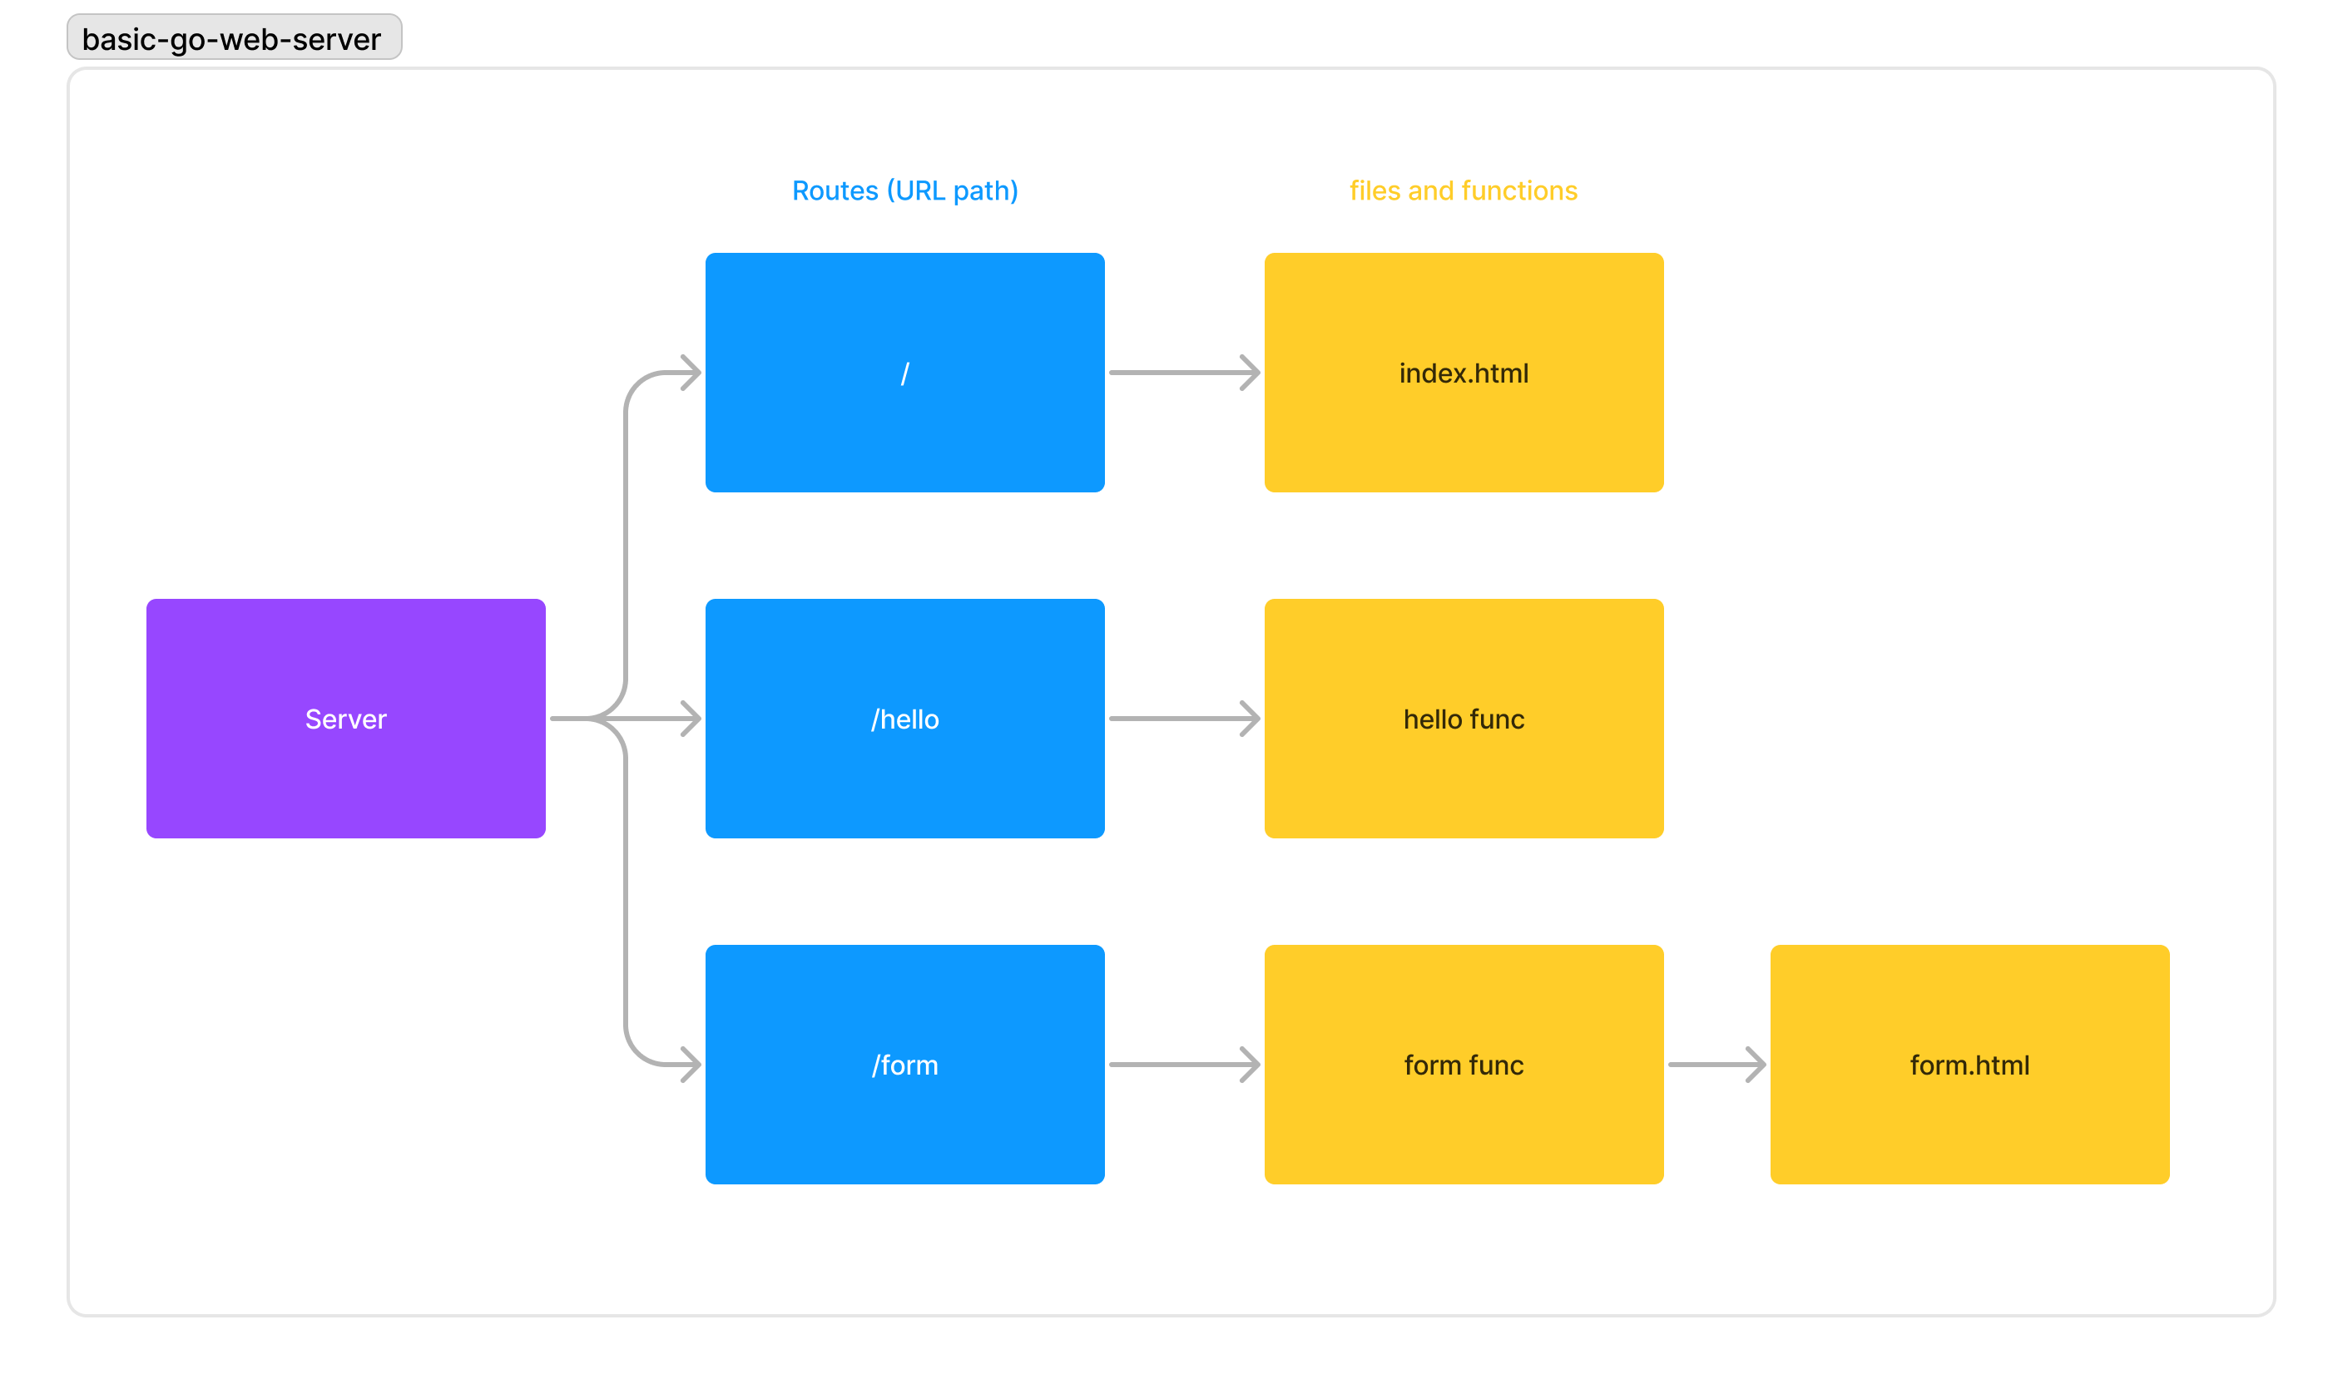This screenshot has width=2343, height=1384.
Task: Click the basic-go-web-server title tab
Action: coord(233,38)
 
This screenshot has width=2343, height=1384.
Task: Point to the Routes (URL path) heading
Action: coord(904,190)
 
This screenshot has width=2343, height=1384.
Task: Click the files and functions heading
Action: coord(1463,190)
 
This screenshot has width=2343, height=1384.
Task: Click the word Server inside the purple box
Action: coord(345,719)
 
